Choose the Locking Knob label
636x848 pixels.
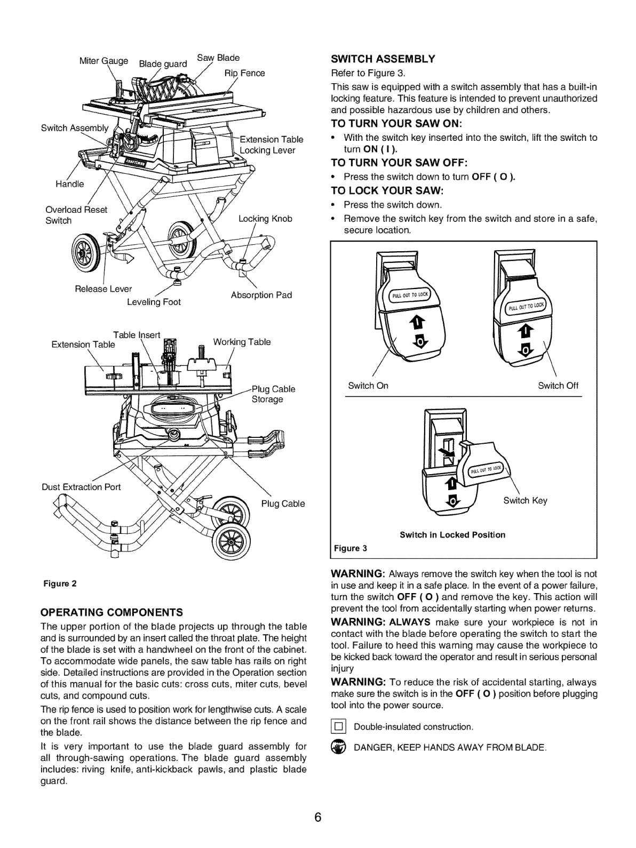(265, 219)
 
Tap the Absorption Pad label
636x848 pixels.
(261, 295)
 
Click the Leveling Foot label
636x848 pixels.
(154, 302)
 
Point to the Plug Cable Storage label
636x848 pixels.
(273, 394)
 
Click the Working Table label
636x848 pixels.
(242, 342)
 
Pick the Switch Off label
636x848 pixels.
(558, 386)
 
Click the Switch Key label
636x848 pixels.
(526, 500)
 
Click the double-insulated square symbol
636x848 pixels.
(339, 726)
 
